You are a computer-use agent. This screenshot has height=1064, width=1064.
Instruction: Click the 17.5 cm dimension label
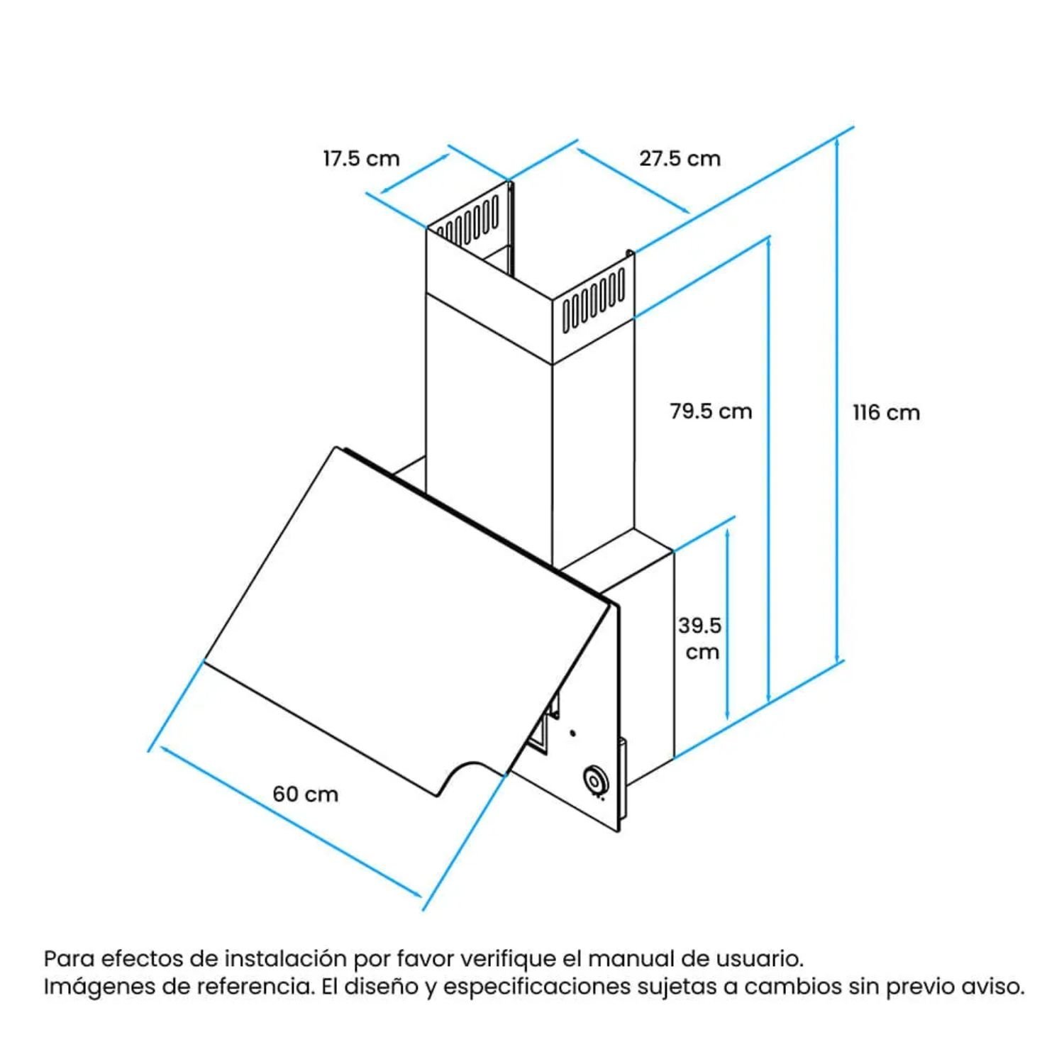click(361, 158)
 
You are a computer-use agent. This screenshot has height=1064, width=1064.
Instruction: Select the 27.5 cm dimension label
click(680, 158)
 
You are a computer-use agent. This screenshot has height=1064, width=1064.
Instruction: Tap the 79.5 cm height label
click(711, 411)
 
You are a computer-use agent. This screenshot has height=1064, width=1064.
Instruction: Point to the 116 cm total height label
click(886, 412)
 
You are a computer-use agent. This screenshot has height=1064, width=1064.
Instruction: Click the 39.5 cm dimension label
click(699, 638)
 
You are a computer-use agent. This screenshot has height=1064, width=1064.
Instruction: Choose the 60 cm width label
click(305, 794)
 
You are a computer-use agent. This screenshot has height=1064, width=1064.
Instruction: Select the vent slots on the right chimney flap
click(594, 301)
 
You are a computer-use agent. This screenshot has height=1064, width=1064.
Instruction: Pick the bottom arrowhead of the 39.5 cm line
click(727, 716)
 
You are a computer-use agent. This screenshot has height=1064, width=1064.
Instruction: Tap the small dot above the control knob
click(572, 733)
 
